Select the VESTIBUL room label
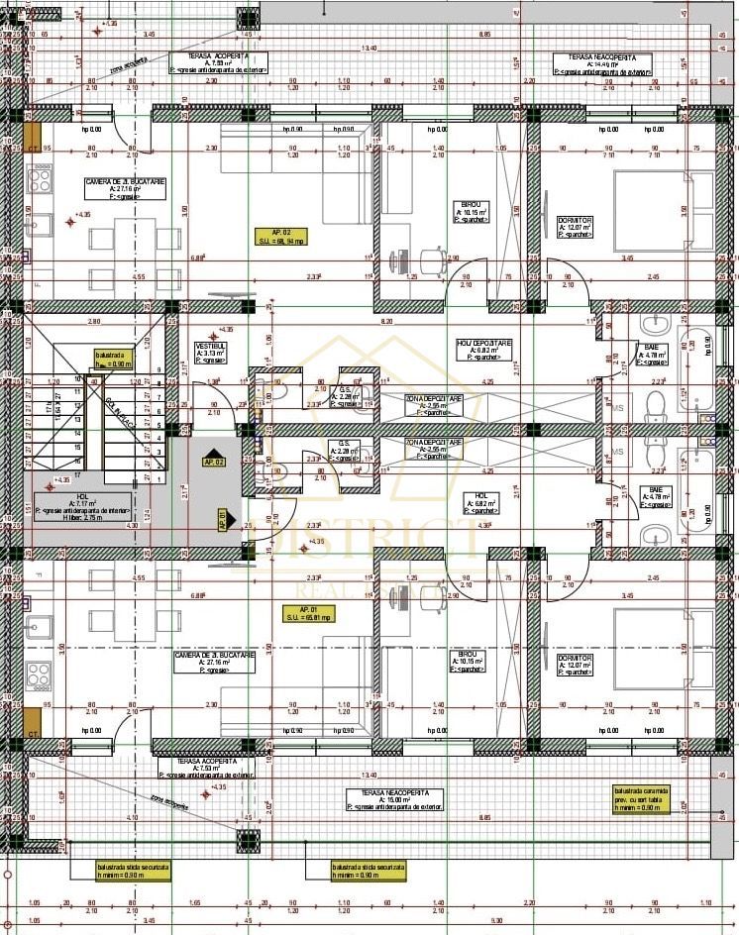pos(211,353)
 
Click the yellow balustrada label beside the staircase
pos(114,358)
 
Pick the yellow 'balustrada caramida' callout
pos(642,798)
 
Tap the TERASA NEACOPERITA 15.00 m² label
pos(394,800)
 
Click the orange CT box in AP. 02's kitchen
pos(33,137)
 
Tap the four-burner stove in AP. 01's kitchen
pos(39,676)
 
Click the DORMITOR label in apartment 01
pos(574,663)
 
